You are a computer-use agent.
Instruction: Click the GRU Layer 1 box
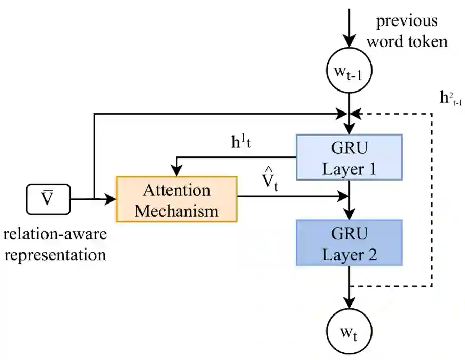pos(349,157)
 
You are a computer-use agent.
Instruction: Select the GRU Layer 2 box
pos(349,243)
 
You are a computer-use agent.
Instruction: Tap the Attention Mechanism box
pos(177,199)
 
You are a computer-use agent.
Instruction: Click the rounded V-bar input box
pos(49,199)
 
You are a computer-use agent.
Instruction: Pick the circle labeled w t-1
pos(349,71)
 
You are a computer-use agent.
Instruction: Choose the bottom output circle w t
pos(349,331)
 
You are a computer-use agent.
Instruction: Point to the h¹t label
pos(241,142)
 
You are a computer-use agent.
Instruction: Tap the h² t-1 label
pos(451,98)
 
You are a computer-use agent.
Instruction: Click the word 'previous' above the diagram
pos(407,21)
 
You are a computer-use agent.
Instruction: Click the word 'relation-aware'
pos(55,234)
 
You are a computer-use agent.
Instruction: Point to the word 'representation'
pos(55,255)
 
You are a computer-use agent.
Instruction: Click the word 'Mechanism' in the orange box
pos(177,211)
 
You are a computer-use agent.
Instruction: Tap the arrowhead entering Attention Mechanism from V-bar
pos(111,199)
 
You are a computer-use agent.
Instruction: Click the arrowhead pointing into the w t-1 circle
pos(349,41)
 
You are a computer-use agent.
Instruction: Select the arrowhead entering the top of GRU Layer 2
pos(349,214)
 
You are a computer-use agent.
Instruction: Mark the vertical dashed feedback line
pos(432,200)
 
